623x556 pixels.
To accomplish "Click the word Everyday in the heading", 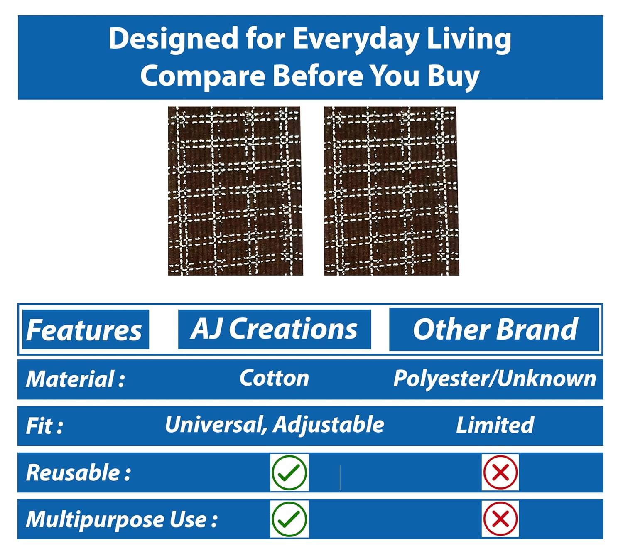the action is pyautogui.click(x=356, y=40).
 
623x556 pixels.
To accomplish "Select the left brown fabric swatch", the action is pyautogui.click(x=235, y=191).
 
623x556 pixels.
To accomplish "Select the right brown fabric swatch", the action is pyautogui.click(x=391, y=191).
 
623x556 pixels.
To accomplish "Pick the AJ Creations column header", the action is pyautogui.click(x=274, y=329).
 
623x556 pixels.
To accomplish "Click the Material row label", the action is pyautogui.click(x=75, y=379).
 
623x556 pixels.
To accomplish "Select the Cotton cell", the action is pyautogui.click(x=274, y=378).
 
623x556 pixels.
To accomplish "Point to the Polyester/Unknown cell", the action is pyautogui.click(x=495, y=379).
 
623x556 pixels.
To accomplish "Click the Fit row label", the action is pyautogui.click(x=44, y=426).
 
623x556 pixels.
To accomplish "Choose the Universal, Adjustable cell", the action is pyautogui.click(x=274, y=426).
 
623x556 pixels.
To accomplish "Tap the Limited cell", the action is pyautogui.click(x=495, y=425).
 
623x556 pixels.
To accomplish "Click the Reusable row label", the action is pyautogui.click(x=78, y=472).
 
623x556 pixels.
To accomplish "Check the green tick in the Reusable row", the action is pyautogui.click(x=289, y=472).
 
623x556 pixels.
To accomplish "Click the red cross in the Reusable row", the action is pyautogui.click(x=500, y=472).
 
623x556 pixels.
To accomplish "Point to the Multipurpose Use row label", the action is pyautogui.click(x=121, y=520).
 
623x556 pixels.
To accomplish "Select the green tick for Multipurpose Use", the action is pyautogui.click(x=289, y=519).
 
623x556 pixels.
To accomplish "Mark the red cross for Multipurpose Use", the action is pyautogui.click(x=500, y=519).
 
